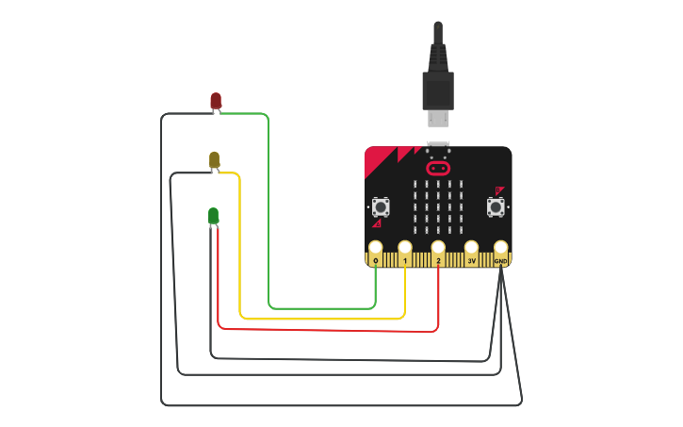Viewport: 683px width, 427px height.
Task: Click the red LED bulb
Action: (x=216, y=100)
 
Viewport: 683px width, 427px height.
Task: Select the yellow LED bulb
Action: (x=215, y=160)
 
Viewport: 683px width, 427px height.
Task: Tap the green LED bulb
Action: (x=214, y=217)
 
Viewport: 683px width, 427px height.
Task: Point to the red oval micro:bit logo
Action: (x=438, y=169)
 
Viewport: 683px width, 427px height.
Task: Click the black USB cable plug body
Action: (x=438, y=89)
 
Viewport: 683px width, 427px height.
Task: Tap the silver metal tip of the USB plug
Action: (x=438, y=118)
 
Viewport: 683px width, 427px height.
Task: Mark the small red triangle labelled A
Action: (x=377, y=223)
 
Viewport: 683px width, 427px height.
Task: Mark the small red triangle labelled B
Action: (x=498, y=189)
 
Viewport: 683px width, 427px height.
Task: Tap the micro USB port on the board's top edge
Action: (x=438, y=146)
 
